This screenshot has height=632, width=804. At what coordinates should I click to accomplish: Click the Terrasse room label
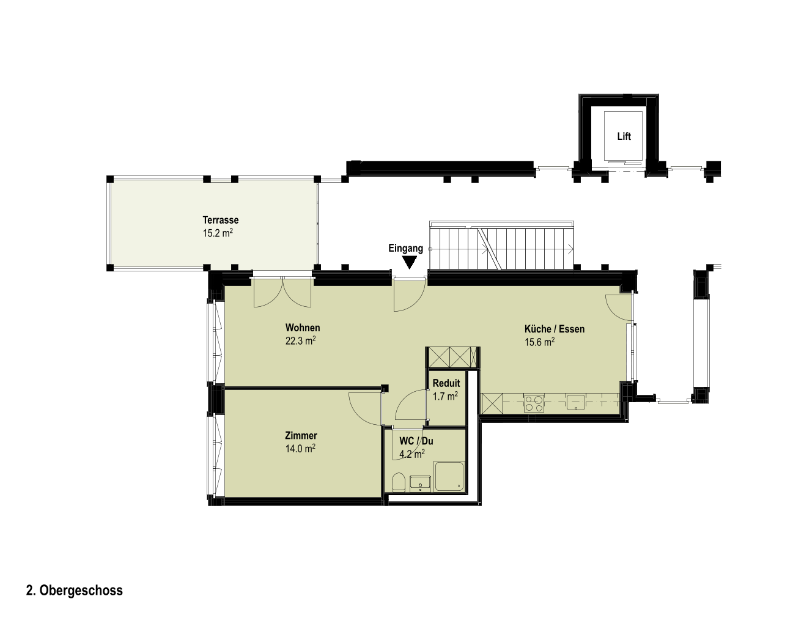click(x=221, y=219)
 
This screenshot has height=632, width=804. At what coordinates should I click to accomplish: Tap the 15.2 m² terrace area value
click(x=218, y=233)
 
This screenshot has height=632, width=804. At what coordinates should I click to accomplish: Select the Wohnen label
click(x=303, y=328)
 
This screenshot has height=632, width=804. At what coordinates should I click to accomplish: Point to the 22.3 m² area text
click(x=300, y=341)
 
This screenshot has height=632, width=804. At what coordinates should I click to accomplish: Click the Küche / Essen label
click(x=555, y=329)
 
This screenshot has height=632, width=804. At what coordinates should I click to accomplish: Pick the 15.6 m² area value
click(x=539, y=342)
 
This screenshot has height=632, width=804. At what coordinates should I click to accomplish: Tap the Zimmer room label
click(x=301, y=436)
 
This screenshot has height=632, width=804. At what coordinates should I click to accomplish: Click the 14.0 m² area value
click(x=300, y=449)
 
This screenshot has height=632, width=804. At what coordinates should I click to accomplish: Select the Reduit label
click(x=446, y=383)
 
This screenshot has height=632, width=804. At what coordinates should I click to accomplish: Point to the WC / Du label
click(x=416, y=441)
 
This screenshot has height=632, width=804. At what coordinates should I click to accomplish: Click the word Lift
click(x=624, y=137)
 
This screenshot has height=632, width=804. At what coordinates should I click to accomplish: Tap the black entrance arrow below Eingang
click(x=410, y=262)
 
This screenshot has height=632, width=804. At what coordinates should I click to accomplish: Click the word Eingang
click(x=406, y=248)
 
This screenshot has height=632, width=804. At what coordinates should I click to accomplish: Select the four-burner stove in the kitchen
click(x=534, y=403)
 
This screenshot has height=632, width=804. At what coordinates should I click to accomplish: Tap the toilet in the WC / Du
click(x=399, y=482)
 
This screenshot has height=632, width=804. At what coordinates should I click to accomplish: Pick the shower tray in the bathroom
click(x=449, y=476)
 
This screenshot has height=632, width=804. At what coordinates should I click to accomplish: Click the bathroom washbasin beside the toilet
click(x=420, y=483)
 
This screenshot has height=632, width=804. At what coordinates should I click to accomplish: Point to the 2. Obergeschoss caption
click(x=75, y=591)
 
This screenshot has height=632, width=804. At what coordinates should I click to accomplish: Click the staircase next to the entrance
click(x=501, y=245)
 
